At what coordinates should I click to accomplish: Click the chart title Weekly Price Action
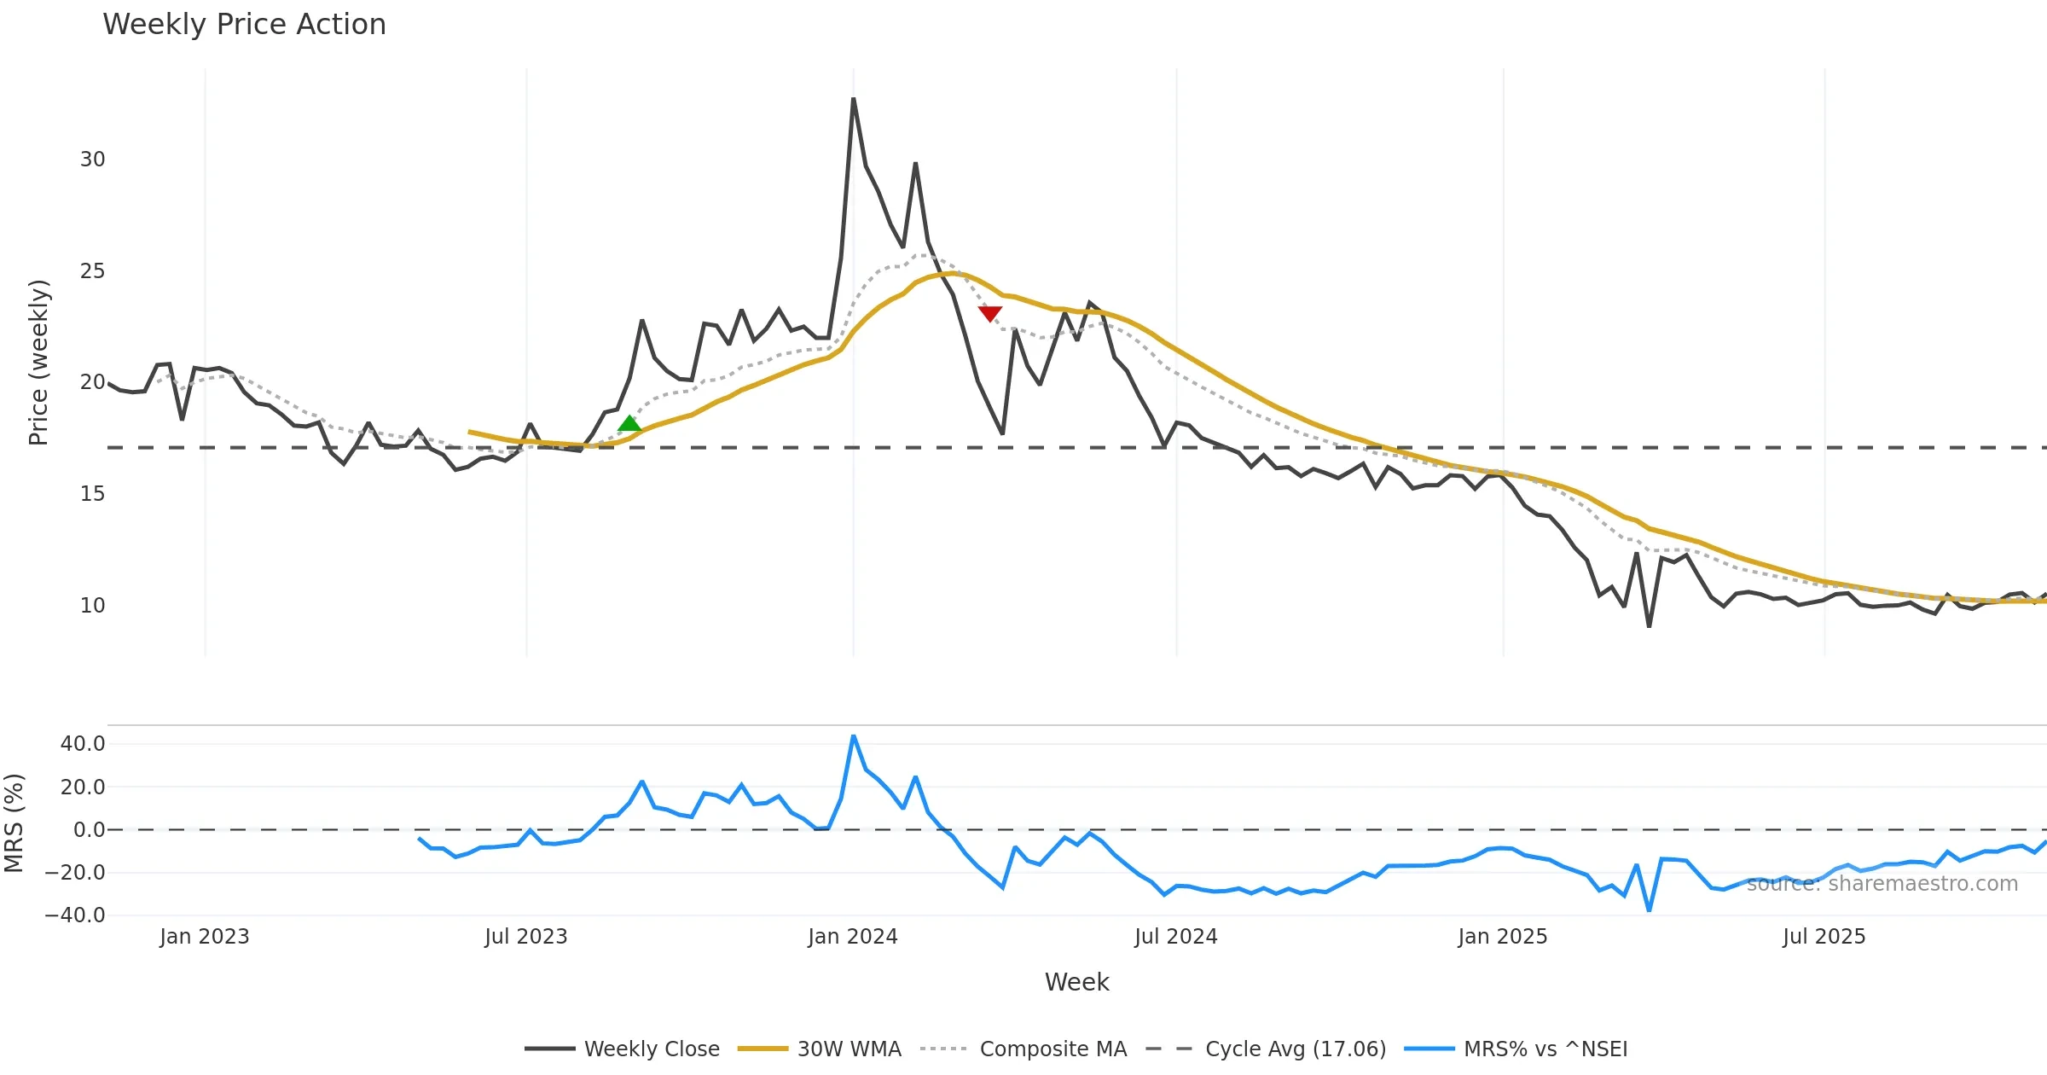[x=244, y=25]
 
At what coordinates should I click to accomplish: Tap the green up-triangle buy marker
[x=629, y=423]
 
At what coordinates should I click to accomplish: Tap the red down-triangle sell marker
[x=989, y=314]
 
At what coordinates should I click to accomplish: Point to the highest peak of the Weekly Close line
[x=853, y=99]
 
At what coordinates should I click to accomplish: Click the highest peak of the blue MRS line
[x=853, y=735]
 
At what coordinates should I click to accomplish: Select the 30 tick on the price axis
[x=92, y=160]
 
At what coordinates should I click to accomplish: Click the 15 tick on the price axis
[x=92, y=494]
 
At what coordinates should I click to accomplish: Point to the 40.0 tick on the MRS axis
[x=83, y=744]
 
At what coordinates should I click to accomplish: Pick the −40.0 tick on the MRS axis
[x=75, y=915]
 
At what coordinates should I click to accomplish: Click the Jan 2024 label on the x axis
[x=853, y=937]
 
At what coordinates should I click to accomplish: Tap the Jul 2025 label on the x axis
[x=1824, y=937]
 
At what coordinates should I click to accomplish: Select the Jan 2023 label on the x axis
[x=205, y=937]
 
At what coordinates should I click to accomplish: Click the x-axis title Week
[x=1076, y=982]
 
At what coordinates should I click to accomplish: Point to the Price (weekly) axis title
[x=38, y=363]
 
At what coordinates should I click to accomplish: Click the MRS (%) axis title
[x=14, y=823]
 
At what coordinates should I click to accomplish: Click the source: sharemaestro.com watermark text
[x=1882, y=884]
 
